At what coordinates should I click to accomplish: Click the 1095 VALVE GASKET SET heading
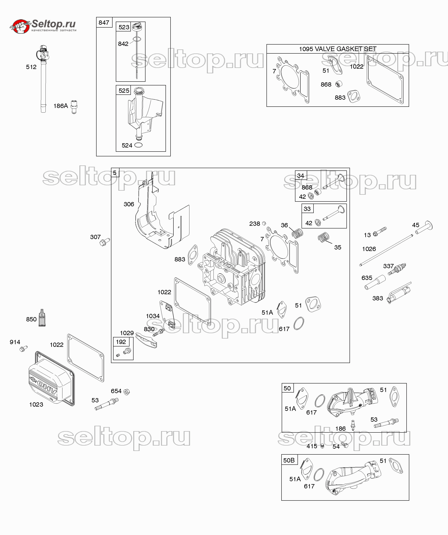[x=337, y=49]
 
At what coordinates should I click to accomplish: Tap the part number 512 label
[x=31, y=67]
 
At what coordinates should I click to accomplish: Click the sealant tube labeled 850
[x=42, y=318]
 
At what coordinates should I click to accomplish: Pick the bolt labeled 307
[x=105, y=242]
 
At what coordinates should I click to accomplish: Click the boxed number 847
[x=104, y=23]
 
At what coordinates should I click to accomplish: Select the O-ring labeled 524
[x=138, y=145]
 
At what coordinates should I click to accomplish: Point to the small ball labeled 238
[x=264, y=223]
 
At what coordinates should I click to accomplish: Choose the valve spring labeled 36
[x=297, y=233]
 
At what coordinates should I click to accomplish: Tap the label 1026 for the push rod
[x=369, y=249]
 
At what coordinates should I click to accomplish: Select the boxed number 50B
[x=289, y=460]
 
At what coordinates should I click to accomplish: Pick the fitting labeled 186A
[x=74, y=107]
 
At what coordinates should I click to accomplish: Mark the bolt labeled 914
[x=24, y=349]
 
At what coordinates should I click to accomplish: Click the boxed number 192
[x=121, y=342]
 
